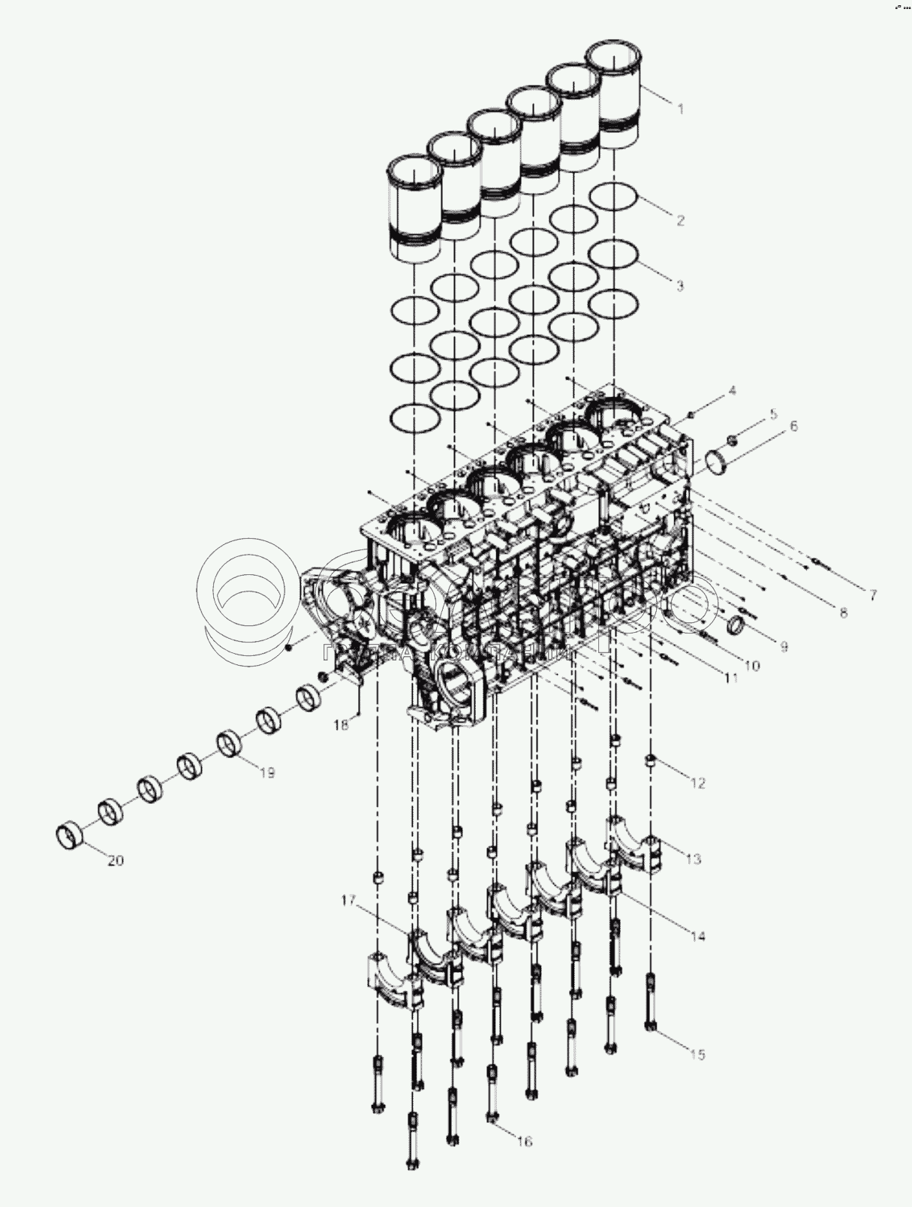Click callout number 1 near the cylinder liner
pos(681,109)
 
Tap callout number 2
pos(680,220)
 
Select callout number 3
pos(680,285)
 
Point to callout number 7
pos(873,595)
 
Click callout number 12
pos(698,784)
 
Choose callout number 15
pos(697,1055)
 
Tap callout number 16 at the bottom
pos(524,1141)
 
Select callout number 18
pos(341,725)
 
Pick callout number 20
pos(115,860)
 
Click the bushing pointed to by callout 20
pos(71,835)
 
